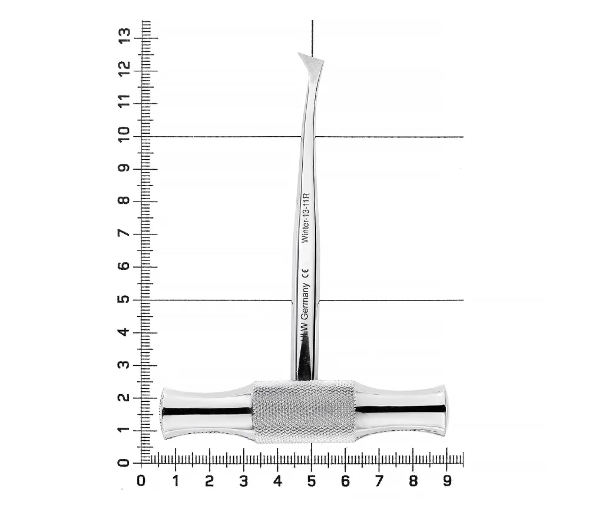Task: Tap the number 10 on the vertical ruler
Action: (x=124, y=134)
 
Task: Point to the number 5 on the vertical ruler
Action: (x=124, y=299)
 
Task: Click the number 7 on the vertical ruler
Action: (x=124, y=233)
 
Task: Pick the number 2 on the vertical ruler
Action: (x=124, y=398)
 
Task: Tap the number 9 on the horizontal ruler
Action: (x=446, y=481)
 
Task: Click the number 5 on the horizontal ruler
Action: (x=312, y=481)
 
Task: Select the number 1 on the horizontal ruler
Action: (x=176, y=481)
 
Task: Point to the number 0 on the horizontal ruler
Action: (x=141, y=481)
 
